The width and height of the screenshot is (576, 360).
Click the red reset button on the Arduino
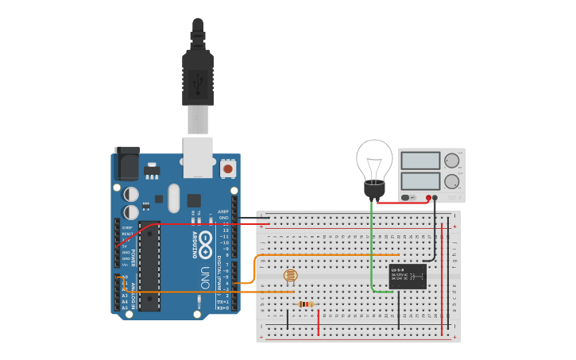(x=228, y=168)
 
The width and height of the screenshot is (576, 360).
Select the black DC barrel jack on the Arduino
(x=126, y=163)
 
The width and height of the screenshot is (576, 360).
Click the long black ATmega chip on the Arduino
(x=149, y=265)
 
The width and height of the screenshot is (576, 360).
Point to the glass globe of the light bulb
(x=374, y=158)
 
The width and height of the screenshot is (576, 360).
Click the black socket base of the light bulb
(x=373, y=190)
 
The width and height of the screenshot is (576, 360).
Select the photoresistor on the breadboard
(x=291, y=276)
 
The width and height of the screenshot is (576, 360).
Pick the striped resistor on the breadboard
(x=306, y=304)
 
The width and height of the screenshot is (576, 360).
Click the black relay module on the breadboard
(x=408, y=276)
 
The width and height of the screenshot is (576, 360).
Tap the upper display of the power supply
(x=420, y=160)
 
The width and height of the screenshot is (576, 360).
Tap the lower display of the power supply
(x=420, y=180)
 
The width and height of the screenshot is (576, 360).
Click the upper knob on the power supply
(x=452, y=160)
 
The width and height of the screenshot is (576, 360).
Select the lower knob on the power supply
(x=452, y=181)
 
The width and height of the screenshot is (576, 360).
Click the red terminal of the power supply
(x=428, y=197)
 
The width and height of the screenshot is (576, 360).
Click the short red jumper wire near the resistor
(x=319, y=321)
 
